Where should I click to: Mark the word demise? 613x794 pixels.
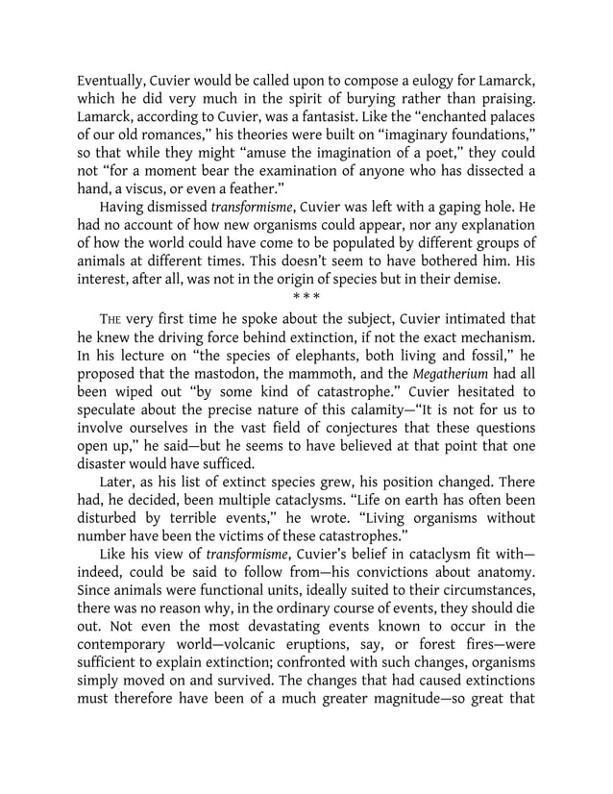(x=473, y=281)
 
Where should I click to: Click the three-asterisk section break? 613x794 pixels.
(x=306, y=298)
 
